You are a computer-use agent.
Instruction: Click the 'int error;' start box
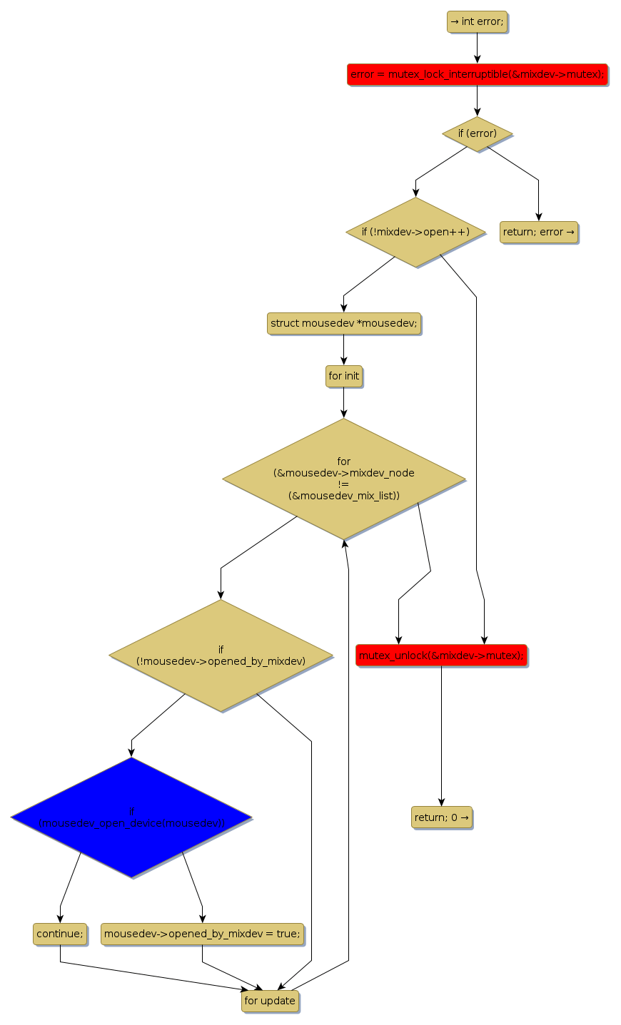point(477,21)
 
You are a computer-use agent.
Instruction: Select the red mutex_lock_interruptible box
point(477,74)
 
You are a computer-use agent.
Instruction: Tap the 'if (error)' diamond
point(477,133)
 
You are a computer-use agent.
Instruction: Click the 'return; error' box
point(539,232)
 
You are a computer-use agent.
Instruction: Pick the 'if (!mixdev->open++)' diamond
point(415,232)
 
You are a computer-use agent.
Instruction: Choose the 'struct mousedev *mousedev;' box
point(343,323)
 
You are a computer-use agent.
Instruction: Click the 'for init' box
point(343,376)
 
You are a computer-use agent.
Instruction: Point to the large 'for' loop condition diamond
point(343,478)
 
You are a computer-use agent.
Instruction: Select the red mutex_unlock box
point(441,655)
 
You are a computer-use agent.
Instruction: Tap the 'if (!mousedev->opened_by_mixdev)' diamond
point(221,655)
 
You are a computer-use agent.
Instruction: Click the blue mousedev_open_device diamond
point(131,817)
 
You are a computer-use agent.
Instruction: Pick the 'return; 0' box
point(441,817)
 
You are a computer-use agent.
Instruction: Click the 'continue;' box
point(60,934)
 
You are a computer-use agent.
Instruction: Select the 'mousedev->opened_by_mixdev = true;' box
point(202,934)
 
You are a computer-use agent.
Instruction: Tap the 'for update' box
point(270,1001)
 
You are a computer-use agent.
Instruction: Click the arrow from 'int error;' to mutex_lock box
point(477,48)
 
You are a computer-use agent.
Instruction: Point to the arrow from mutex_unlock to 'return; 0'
point(441,735)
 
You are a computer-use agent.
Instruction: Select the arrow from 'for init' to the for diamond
point(343,402)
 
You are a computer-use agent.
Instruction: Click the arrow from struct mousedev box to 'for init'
point(343,350)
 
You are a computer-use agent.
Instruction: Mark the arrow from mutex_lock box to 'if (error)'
point(477,101)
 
